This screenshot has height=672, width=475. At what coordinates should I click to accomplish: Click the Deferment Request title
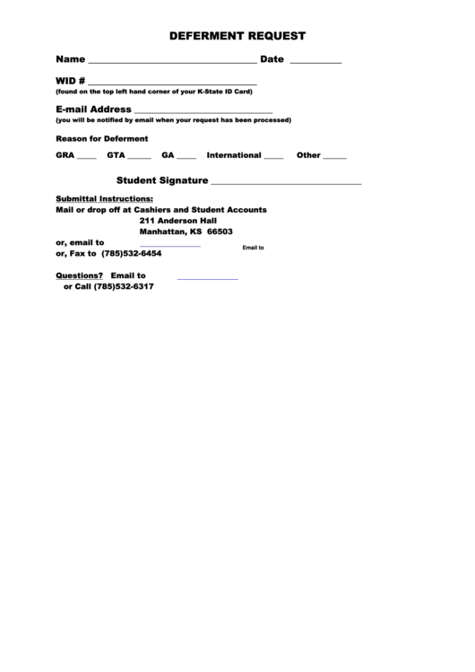tap(237, 37)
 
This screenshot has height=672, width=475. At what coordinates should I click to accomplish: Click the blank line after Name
tap(171, 62)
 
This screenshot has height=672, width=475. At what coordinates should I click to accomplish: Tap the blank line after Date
tap(315, 62)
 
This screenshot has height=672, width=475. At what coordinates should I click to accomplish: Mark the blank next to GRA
tap(86, 157)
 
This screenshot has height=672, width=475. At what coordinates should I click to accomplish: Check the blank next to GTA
tap(140, 157)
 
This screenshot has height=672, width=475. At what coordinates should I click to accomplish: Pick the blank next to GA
tap(186, 157)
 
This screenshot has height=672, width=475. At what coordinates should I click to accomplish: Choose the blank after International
tap(273, 157)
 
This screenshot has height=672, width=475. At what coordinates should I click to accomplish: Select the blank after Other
tap(334, 157)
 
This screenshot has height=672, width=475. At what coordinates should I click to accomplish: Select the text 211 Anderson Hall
tap(178, 220)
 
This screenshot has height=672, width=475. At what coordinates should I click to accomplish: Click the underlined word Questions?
tap(80, 275)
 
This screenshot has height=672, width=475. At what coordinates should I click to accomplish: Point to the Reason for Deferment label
tap(101, 138)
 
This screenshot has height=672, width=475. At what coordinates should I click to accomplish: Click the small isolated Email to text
tap(253, 248)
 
